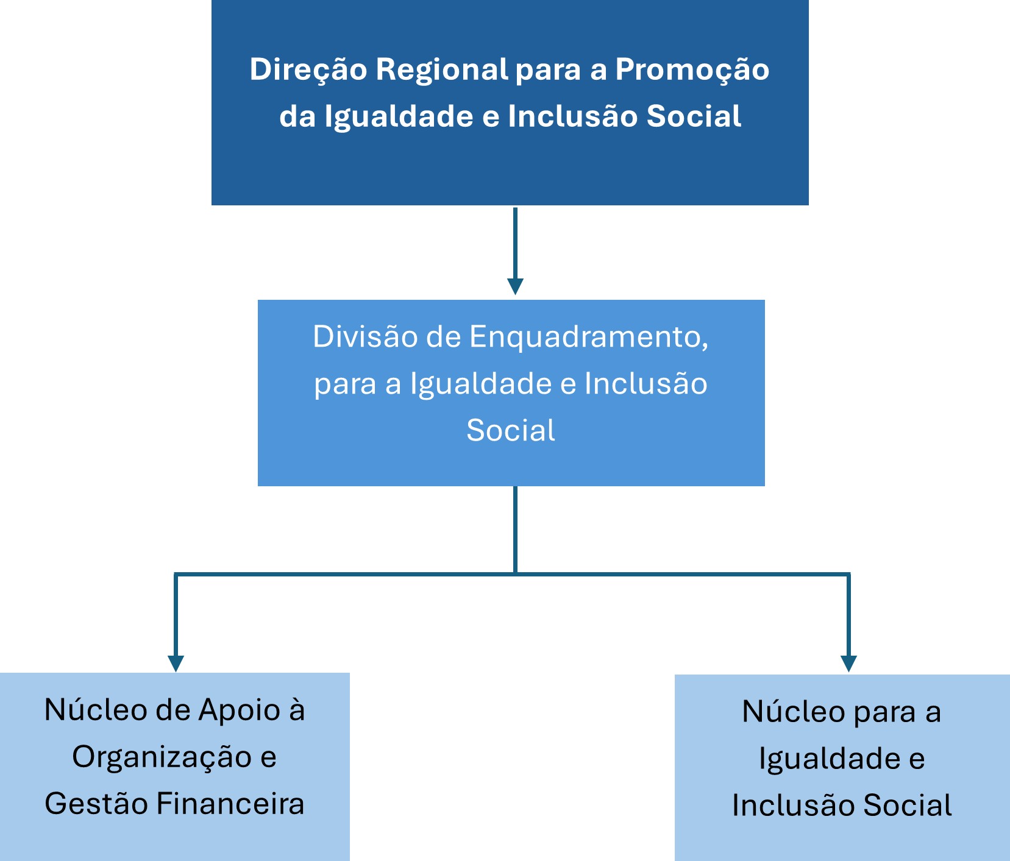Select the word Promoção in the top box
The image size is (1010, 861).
[x=692, y=70]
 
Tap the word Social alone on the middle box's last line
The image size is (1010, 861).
[x=511, y=430]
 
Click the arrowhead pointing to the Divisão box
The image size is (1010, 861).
[x=516, y=286]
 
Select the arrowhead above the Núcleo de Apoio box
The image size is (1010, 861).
[x=176, y=664]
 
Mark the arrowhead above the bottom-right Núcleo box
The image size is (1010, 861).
[x=848, y=664]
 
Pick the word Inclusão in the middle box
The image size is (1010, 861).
[x=646, y=384]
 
